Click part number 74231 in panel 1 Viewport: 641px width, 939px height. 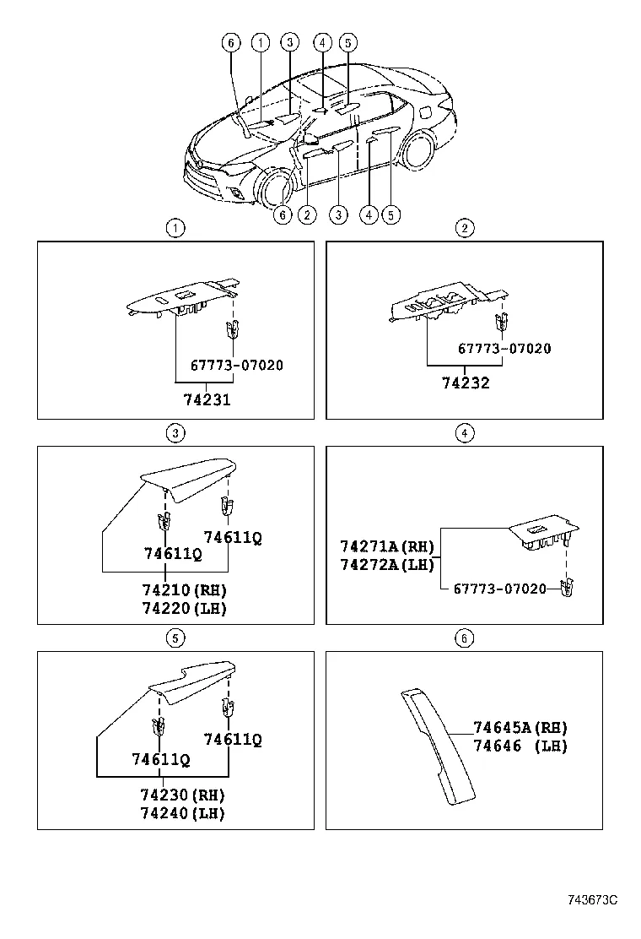(207, 400)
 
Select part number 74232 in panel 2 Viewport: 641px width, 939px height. (466, 383)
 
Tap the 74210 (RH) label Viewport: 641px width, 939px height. (184, 589)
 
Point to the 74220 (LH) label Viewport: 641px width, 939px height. (184, 607)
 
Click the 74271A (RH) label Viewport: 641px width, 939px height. (387, 545)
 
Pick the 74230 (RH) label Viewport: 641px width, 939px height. (184, 795)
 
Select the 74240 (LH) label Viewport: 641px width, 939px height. (184, 813)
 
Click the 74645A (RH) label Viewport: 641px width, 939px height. (520, 727)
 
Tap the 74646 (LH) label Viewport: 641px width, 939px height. (520, 746)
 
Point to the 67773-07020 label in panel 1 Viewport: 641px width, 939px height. (236, 366)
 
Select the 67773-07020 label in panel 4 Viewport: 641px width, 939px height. (500, 588)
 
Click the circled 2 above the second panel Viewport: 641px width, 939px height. (464, 227)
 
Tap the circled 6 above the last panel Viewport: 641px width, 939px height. (464, 638)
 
